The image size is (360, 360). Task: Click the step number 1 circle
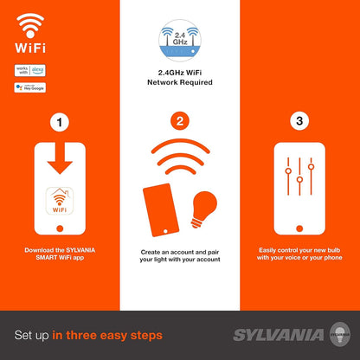click(x=59, y=123)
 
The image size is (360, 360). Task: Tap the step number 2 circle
click(x=179, y=123)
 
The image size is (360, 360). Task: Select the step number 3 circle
click(x=299, y=123)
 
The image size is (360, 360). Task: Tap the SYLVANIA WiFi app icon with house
click(x=60, y=200)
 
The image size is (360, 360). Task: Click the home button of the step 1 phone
click(x=60, y=228)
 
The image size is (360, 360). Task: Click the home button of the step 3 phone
click(x=299, y=228)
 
